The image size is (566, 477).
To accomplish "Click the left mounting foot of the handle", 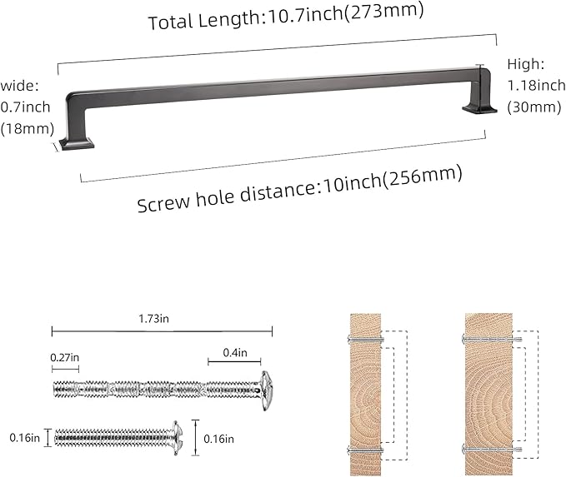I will click(75, 143).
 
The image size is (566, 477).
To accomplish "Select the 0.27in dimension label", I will click(65, 357).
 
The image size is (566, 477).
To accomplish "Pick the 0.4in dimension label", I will click(235, 353).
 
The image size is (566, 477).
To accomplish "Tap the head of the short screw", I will click(174, 435).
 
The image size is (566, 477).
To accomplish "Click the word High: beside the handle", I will click(525, 64).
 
